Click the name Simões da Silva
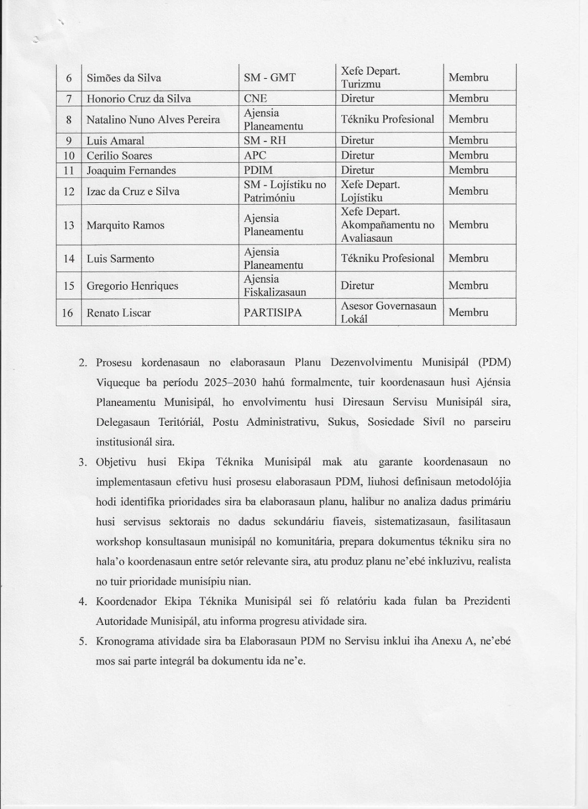[124, 78]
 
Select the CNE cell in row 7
[255, 99]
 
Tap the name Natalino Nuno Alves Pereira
[153, 120]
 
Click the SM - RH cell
[265, 141]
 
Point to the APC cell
[255, 155]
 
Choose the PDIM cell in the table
[258, 170]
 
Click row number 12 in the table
[69, 192]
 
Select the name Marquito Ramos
[125, 226]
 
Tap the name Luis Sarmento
[120, 259]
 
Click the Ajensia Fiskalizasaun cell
[275, 286]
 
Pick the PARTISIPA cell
[273, 313]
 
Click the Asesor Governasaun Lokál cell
[388, 312]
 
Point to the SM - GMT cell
[269, 78]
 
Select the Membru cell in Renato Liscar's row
[468, 312]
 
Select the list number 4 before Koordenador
[83, 602]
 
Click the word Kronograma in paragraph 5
[121, 642]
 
